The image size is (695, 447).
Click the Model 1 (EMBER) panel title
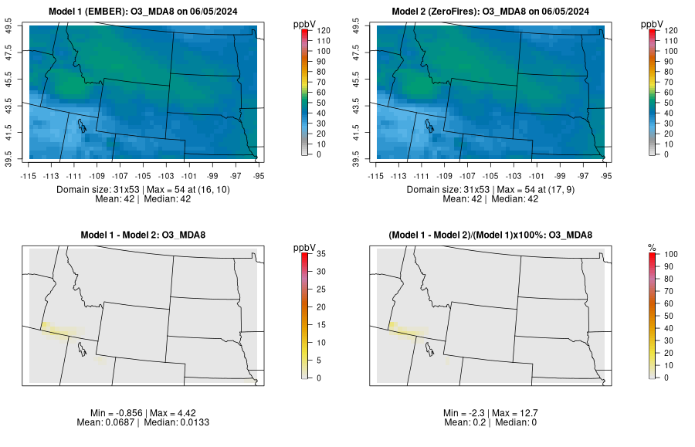click(146, 11)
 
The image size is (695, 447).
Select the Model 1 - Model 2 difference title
click(146, 235)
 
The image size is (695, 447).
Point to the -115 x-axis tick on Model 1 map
click(29, 175)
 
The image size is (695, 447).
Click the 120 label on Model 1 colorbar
click(324, 30)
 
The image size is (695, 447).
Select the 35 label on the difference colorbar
click(324, 253)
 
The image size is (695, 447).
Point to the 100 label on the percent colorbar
click(671, 253)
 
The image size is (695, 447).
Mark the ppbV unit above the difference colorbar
click(304, 247)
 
